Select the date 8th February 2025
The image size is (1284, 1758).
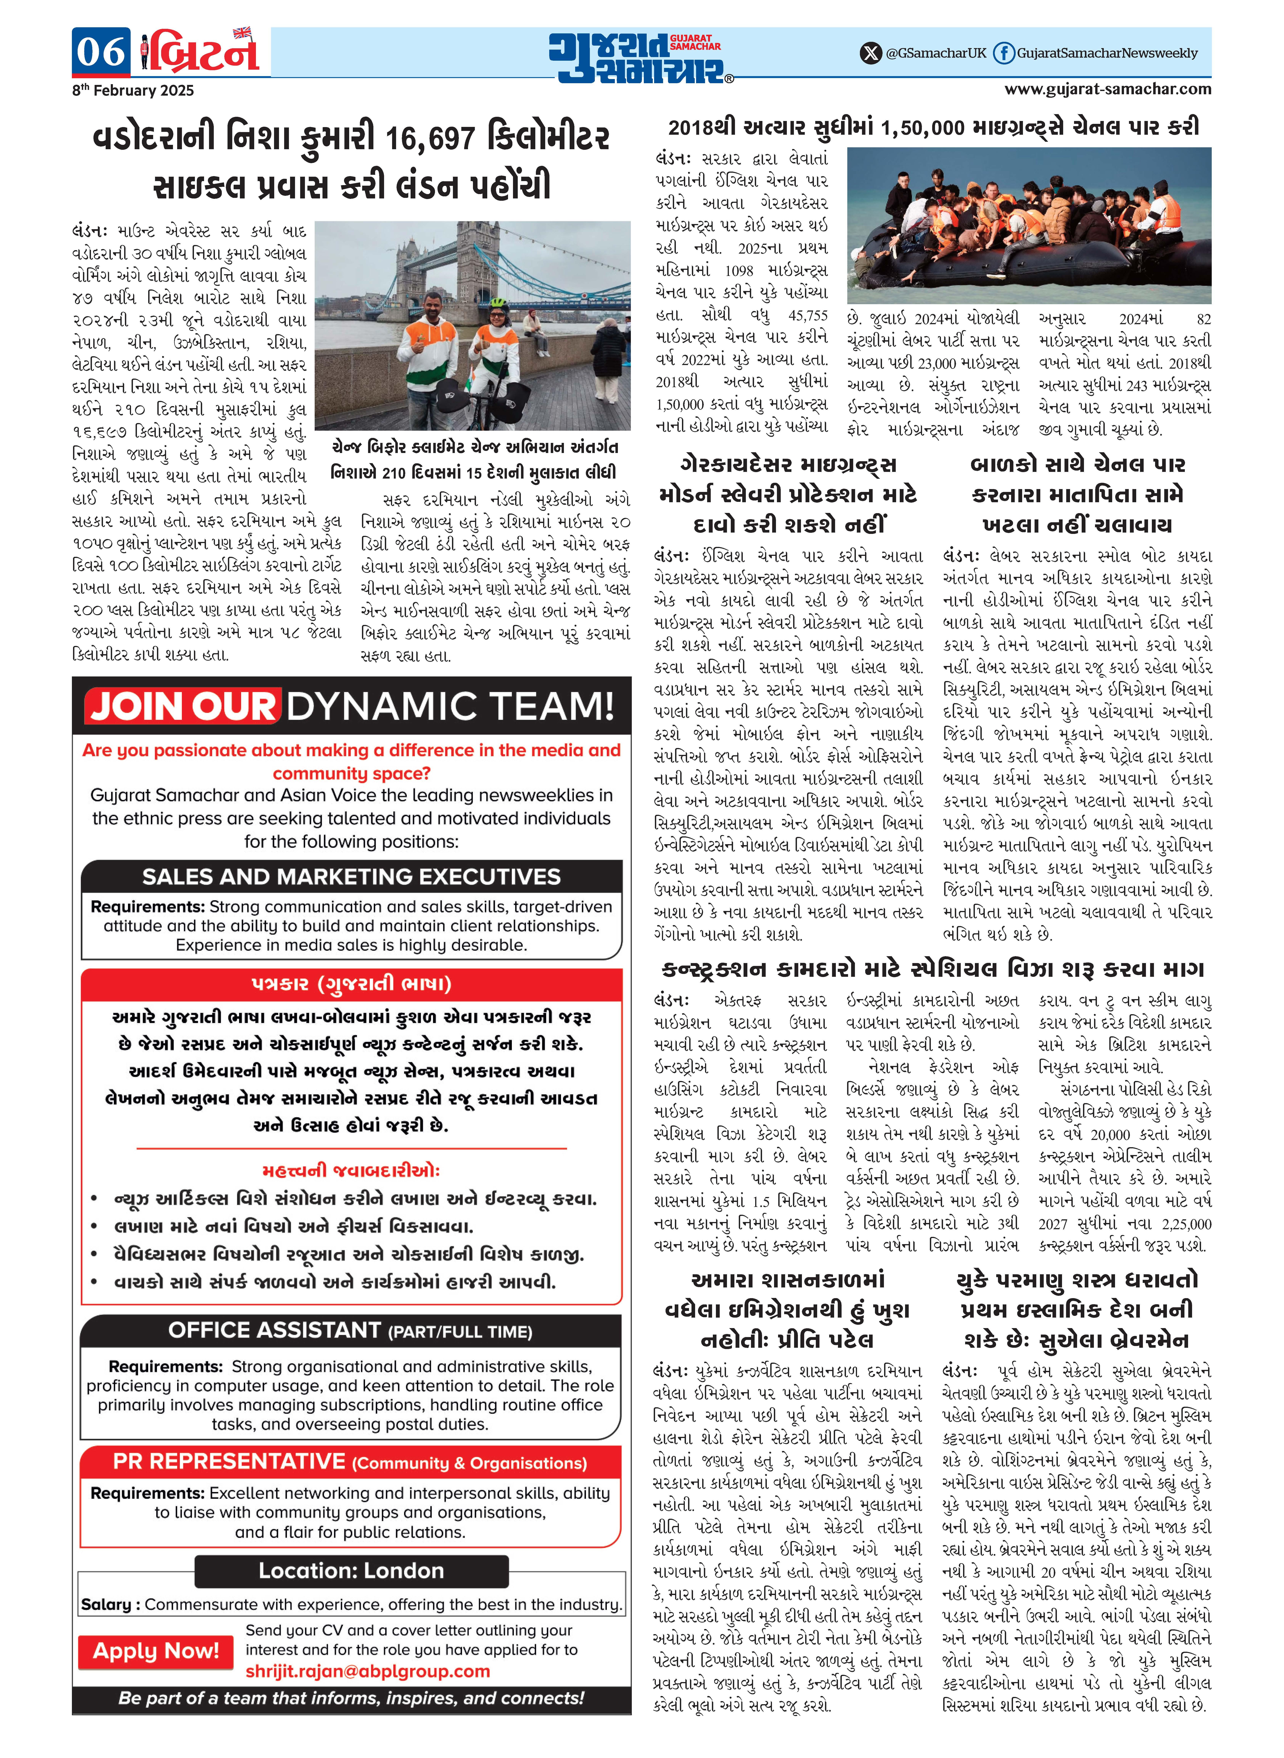click(x=133, y=90)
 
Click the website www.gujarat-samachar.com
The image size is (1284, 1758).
click(x=1108, y=89)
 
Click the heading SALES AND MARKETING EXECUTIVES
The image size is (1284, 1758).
click(x=351, y=876)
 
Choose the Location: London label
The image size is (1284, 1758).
click(x=351, y=1571)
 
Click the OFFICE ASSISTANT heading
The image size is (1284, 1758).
click(x=274, y=1330)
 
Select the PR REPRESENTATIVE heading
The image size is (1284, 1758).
click(x=228, y=1462)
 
